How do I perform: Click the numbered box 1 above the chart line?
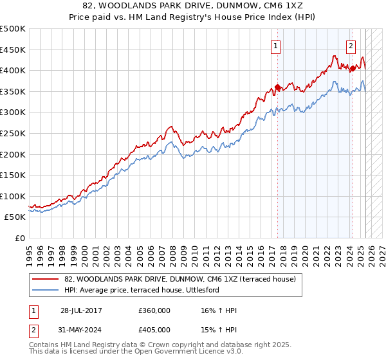click(275, 46)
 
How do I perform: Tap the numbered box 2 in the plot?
click(351, 46)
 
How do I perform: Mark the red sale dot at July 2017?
click(277, 87)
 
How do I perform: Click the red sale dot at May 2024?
click(353, 68)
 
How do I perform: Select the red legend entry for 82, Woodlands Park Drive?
click(179, 279)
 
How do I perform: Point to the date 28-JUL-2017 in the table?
click(81, 310)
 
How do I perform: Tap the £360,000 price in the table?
click(154, 310)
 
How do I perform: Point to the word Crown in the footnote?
click(154, 345)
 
